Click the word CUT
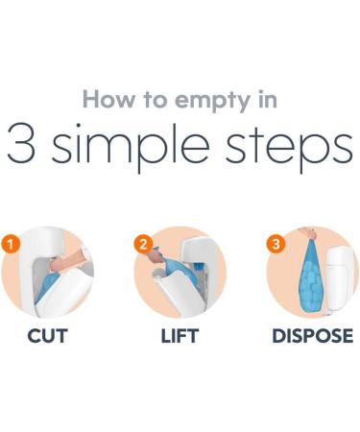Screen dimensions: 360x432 click(x=47, y=336)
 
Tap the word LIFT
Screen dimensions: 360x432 click(x=180, y=336)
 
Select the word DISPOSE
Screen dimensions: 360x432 click(x=313, y=336)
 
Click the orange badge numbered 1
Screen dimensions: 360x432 click(x=11, y=244)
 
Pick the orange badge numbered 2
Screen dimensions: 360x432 click(x=143, y=244)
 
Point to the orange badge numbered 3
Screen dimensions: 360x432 click(x=276, y=244)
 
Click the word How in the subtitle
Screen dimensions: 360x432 click(x=108, y=99)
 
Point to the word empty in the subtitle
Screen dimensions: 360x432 click(x=212, y=102)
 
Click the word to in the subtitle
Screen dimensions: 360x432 click(x=156, y=100)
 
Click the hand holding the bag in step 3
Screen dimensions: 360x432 click(x=308, y=233)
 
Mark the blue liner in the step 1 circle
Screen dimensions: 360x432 click(x=47, y=285)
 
